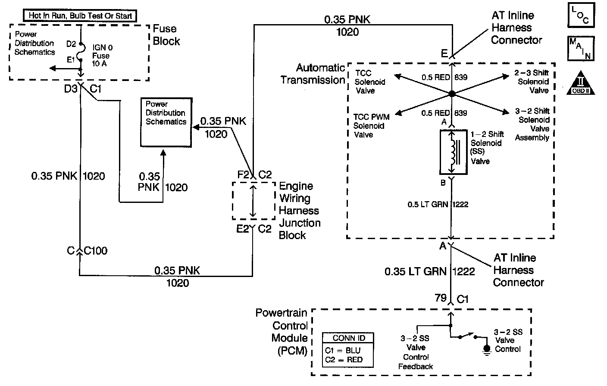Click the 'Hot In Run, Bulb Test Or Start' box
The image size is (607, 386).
pyautogui.click(x=80, y=16)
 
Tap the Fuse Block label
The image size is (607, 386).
pyautogui.click(x=166, y=35)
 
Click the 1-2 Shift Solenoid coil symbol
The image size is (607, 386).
pyautogui.click(x=453, y=153)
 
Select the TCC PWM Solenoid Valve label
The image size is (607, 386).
pyautogui.click(x=371, y=126)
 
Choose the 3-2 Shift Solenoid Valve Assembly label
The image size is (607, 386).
pyautogui.click(x=533, y=125)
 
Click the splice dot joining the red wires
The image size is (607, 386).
pyautogui.click(x=451, y=93)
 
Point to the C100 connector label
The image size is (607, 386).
pyautogui.click(x=96, y=251)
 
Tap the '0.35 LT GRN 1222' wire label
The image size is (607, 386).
pyautogui.click(x=429, y=271)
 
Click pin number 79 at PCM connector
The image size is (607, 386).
pyautogui.click(x=440, y=298)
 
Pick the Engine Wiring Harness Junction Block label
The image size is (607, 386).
pyautogui.click(x=300, y=211)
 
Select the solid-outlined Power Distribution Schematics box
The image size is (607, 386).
pyautogui.click(x=166, y=122)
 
